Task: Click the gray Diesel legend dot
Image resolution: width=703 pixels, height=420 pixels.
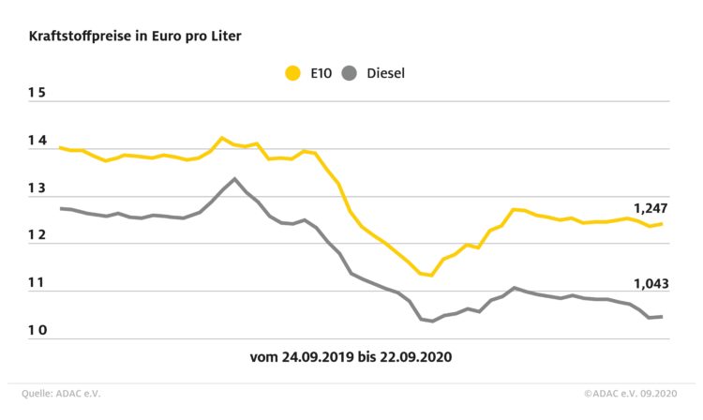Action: pyautogui.click(x=351, y=72)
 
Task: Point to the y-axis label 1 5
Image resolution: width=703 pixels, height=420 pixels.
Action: pyautogui.click(x=37, y=94)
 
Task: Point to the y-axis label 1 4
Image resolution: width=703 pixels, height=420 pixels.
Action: pyautogui.click(x=37, y=142)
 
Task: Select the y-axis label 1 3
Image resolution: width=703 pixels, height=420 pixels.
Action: pyautogui.click(x=37, y=189)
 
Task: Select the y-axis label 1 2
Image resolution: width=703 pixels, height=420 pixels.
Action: pyautogui.click(x=37, y=236)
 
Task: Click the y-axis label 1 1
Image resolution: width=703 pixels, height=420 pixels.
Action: pyautogui.click(x=37, y=284)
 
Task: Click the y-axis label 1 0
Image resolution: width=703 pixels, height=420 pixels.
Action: pyautogui.click(x=37, y=332)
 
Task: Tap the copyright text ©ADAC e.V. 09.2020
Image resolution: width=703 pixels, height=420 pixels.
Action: pyautogui.click(x=630, y=394)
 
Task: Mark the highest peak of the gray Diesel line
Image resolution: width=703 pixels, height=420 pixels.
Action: pyautogui.click(x=234, y=178)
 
